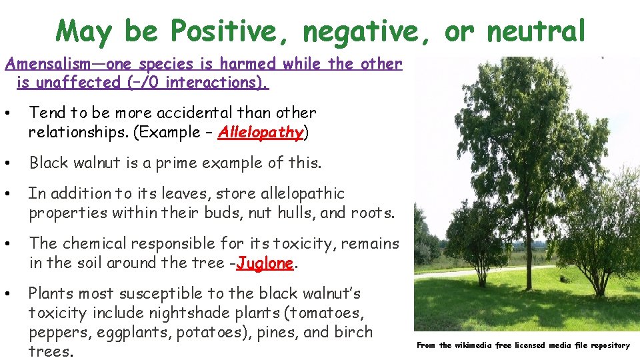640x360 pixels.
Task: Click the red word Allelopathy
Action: [261, 132]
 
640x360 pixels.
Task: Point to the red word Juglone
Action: [265, 263]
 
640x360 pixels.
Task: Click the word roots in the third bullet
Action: [373, 213]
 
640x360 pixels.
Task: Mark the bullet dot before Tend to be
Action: [7, 113]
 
